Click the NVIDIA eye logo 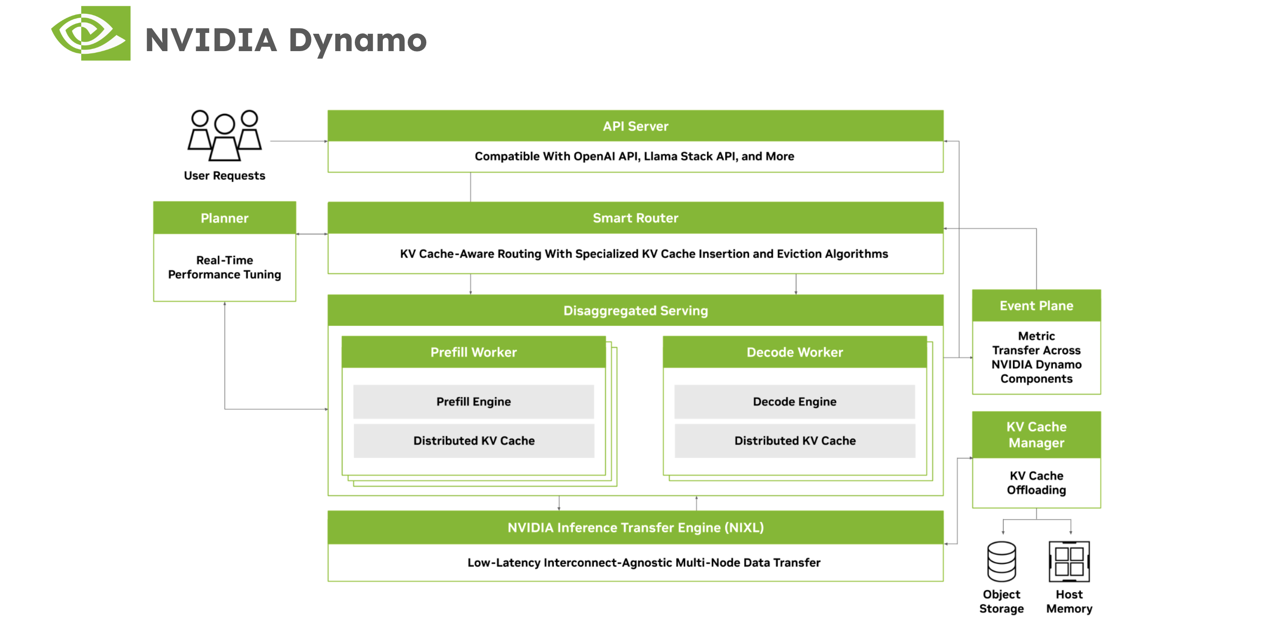pyautogui.click(x=91, y=33)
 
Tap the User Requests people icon pyautogui.click(x=224, y=136)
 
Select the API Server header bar pyautogui.click(x=635, y=126)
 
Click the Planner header pyautogui.click(x=224, y=218)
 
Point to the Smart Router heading pyautogui.click(x=635, y=218)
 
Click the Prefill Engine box pyautogui.click(x=473, y=401)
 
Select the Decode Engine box pyautogui.click(x=794, y=401)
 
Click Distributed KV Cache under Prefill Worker pyautogui.click(x=473, y=441)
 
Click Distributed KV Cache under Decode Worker pyautogui.click(x=794, y=441)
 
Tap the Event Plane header pyautogui.click(x=1036, y=305)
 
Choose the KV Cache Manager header pyautogui.click(x=1036, y=434)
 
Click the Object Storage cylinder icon pyautogui.click(x=1001, y=561)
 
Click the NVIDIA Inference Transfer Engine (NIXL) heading pyautogui.click(x=635, y=528)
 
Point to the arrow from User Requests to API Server pyautogui.click(x=298, y=141)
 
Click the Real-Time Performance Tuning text pyautogui.click(x=224, y=268)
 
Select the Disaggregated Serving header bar pyautogui.click(x=635, y=311)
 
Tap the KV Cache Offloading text pyautogui.click(x=1036, y=483)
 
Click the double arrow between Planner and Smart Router pyautogui.click(x=312, y=234)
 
